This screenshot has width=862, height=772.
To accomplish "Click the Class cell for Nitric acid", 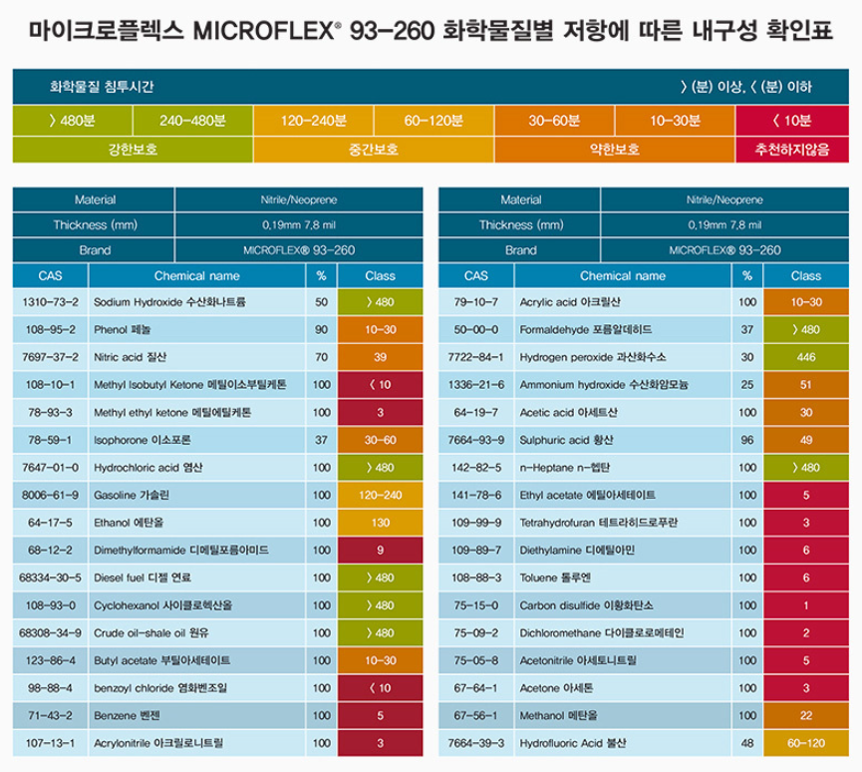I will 381,356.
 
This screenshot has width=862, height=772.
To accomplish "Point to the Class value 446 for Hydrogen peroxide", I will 806,356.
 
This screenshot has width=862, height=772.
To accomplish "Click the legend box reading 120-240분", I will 313,121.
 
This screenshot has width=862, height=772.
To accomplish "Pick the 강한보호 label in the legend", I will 133,149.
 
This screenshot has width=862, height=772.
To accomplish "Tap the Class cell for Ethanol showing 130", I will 381,522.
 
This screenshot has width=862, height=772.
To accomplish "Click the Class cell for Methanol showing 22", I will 806,715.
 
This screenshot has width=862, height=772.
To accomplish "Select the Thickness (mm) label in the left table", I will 95,224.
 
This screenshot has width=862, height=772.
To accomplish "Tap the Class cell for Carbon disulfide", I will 806,604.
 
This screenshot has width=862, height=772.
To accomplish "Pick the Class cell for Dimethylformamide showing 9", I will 381,550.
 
